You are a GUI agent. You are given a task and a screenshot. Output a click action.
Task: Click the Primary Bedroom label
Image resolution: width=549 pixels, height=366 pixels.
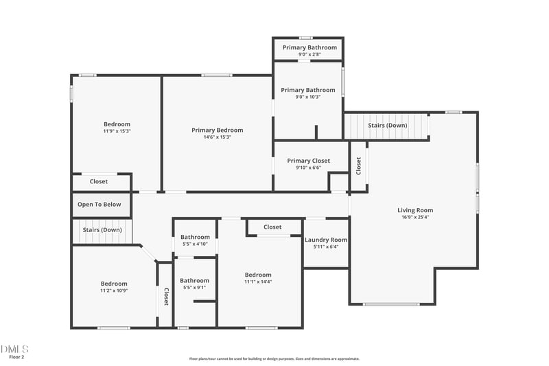[x=217, y=130]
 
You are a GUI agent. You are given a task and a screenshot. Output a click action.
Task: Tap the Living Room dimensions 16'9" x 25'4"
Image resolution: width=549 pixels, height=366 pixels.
[x=415, y=217]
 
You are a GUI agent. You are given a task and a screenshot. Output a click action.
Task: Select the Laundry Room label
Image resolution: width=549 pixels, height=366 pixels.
[x=326, y=240]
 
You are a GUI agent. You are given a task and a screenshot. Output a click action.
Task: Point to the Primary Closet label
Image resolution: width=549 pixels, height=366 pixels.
[x=308, y=161]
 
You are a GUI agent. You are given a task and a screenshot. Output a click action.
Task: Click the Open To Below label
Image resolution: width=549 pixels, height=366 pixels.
[x=99, y=204]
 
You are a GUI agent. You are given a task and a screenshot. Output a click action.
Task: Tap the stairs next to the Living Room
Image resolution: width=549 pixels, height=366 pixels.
[x=386, y=126]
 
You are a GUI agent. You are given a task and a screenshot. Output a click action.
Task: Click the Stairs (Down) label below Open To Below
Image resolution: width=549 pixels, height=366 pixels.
[x=102, y=229]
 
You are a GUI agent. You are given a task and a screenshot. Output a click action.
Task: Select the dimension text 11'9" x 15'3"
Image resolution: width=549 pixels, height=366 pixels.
[x=117, y=130]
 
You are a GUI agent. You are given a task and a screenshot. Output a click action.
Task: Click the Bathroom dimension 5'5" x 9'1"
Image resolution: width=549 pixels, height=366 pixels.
[x=195, y=287]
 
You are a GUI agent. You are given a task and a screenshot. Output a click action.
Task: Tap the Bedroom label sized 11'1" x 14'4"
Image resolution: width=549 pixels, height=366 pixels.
[x=258, y=275]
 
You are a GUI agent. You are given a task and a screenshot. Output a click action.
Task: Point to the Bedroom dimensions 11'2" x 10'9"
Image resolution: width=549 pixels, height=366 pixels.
[x=114, y=290]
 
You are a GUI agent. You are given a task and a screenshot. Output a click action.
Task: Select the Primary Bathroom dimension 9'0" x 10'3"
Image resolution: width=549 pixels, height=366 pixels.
[x=308, y=97]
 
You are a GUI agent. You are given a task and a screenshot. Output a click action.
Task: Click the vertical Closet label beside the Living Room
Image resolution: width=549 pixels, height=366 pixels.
[x=358, y=165]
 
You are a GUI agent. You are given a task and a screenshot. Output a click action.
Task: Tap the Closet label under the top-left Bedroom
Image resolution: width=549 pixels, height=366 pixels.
[x=99, y=182]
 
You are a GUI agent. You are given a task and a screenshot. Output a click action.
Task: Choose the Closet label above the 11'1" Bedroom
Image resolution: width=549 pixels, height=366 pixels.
[x=272, y=227]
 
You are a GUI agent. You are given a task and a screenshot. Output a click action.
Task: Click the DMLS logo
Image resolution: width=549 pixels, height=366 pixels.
[x=14, y=349]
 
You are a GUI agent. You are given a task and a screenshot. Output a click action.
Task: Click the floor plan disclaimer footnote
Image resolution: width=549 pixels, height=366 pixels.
[x=274, y=358]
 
